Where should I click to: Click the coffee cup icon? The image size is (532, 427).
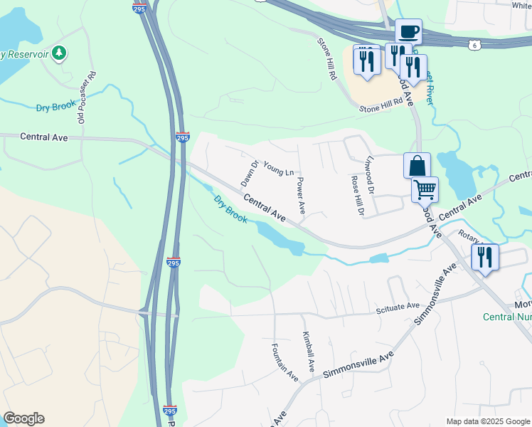[408, 32]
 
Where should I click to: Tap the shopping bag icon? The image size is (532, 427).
[417, 167]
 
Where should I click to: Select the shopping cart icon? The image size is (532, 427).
[425, 190]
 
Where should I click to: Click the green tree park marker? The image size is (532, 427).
[60, 53]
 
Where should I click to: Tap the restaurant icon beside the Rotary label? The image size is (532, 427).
[485, 258]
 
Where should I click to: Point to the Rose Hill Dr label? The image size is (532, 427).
[357, 195]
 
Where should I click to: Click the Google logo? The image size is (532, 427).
[23, 418]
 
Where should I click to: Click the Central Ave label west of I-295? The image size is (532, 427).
[44, 136]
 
